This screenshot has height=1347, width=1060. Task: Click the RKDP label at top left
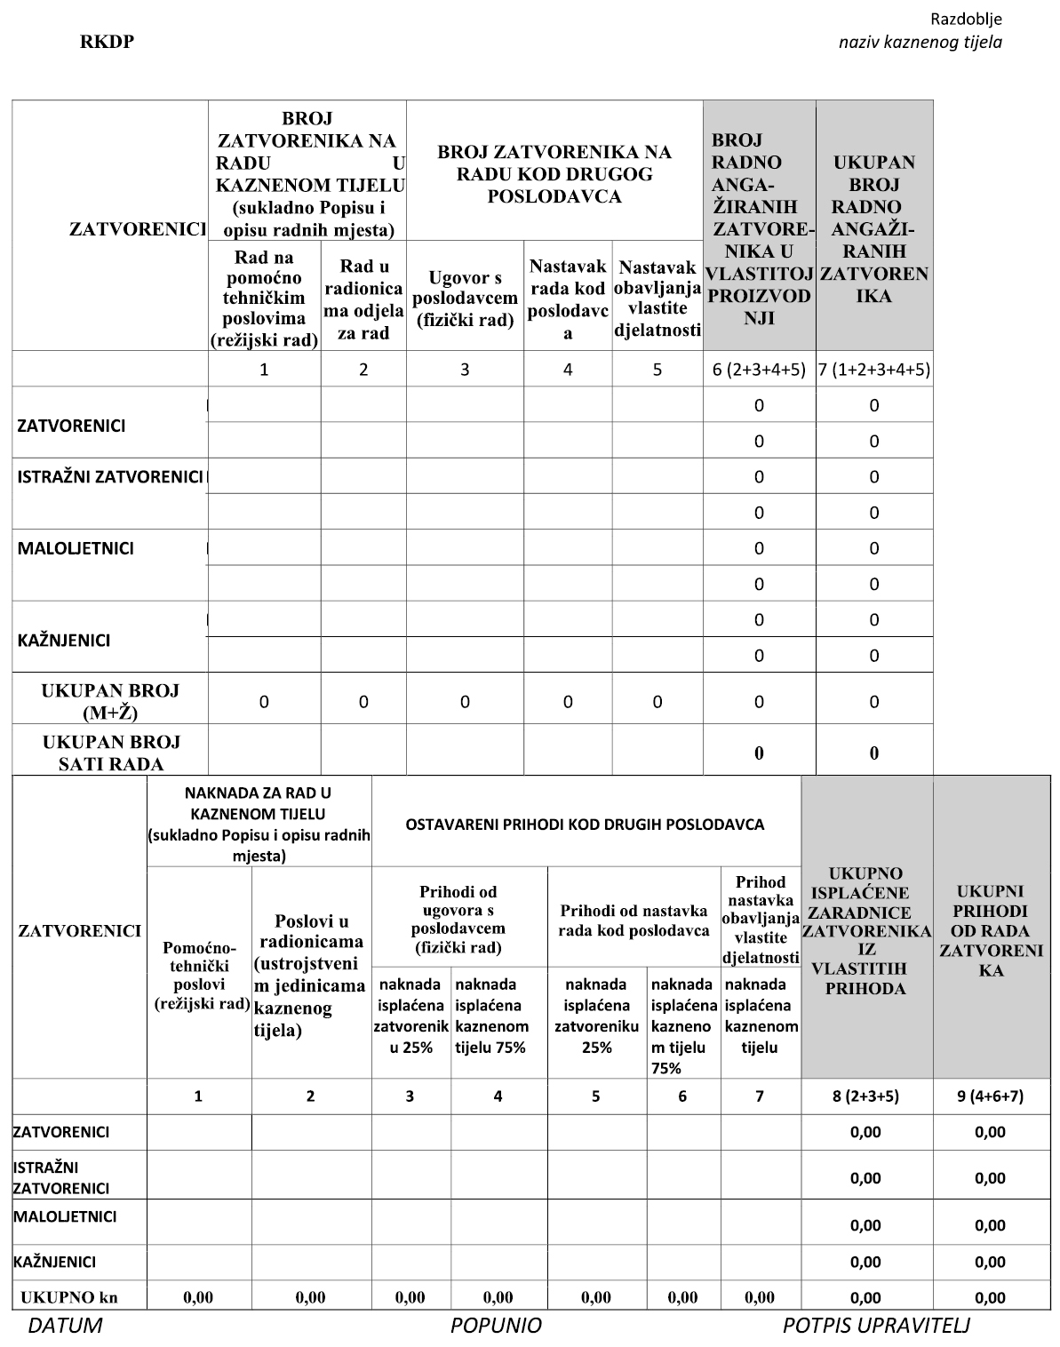tap(108, 42)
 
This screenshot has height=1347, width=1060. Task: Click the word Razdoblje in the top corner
tap(966, 19)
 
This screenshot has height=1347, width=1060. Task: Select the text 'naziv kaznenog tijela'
tap(921, 42)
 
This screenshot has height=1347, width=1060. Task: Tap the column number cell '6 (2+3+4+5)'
tap(759, 370)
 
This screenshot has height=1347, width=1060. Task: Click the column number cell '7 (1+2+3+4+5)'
tap(874, 370)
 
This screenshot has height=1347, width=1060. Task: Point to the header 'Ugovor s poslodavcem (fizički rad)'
tap(465, 299)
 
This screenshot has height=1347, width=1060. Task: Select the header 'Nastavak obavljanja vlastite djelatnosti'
tap(657, 299)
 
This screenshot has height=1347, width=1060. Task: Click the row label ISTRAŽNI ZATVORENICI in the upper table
tap(110, 477)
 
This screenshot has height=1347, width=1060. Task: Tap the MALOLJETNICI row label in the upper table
tap(76, 548)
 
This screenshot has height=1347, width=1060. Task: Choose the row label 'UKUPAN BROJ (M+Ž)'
tap(110, 701)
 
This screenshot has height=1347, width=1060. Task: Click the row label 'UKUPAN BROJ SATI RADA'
tap(110, 753)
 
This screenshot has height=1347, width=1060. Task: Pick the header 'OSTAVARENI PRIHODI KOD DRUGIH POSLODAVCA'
tap(585, 824)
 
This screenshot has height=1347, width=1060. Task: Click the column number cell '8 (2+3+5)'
tap(865, 1096)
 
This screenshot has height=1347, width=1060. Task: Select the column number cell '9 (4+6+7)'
tap(991, 1096)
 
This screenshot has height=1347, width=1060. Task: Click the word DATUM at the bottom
tap(65, 1327)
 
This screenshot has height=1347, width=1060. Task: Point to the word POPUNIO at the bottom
tap(496, 1327)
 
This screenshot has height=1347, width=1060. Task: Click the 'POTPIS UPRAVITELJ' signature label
tap(876, 1327)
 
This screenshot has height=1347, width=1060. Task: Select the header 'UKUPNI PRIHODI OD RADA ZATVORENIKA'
tap(991, 930)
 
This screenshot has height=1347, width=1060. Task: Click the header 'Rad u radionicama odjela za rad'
tap(363, 299)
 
